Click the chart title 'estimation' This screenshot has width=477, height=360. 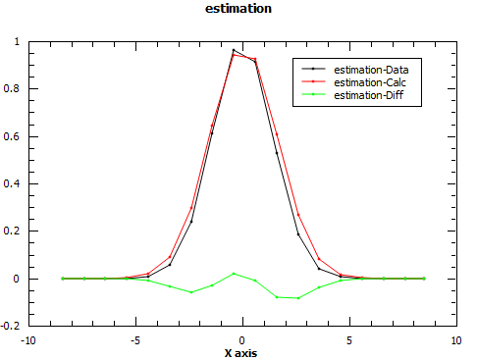238,9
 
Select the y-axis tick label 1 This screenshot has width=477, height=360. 20,42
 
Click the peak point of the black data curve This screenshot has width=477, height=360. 234,50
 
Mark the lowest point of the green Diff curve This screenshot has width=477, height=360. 298,298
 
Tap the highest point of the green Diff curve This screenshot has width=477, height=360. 234,274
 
